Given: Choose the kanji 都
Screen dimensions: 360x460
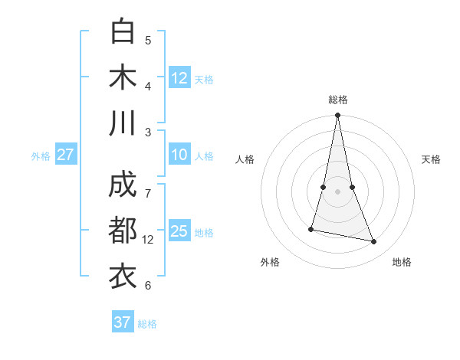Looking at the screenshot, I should click(123, 231).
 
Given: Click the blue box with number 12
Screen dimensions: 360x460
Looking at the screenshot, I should click(179, 77).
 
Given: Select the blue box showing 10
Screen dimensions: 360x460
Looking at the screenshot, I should click(179, 155).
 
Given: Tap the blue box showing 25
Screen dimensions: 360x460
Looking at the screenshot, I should click(179, 232).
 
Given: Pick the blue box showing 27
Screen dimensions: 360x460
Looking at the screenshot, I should click(66, 155).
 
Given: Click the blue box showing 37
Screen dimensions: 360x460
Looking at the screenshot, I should click(123, 322).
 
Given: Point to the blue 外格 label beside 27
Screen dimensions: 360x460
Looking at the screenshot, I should click(41, 156).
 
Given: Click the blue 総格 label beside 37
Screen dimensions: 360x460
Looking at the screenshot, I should click(147, 324).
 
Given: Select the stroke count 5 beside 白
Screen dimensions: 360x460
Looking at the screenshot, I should click(148, 40).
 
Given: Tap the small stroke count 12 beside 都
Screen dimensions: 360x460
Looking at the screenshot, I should click(148, 240).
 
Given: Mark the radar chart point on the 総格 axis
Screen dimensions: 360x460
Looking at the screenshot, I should click(337, 116).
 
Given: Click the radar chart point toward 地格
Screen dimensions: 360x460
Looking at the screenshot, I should click(374, 242).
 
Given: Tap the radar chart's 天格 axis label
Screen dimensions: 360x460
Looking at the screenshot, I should click(431, 159).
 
